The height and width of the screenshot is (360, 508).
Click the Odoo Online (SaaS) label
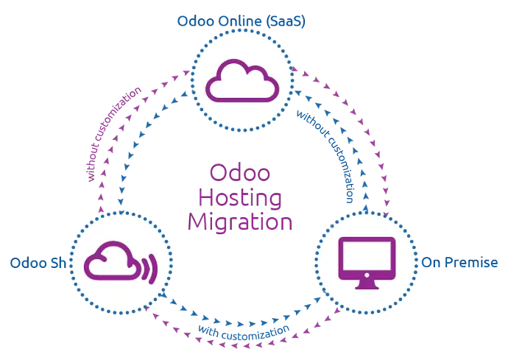pyautogui.click(x=241, y=21)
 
